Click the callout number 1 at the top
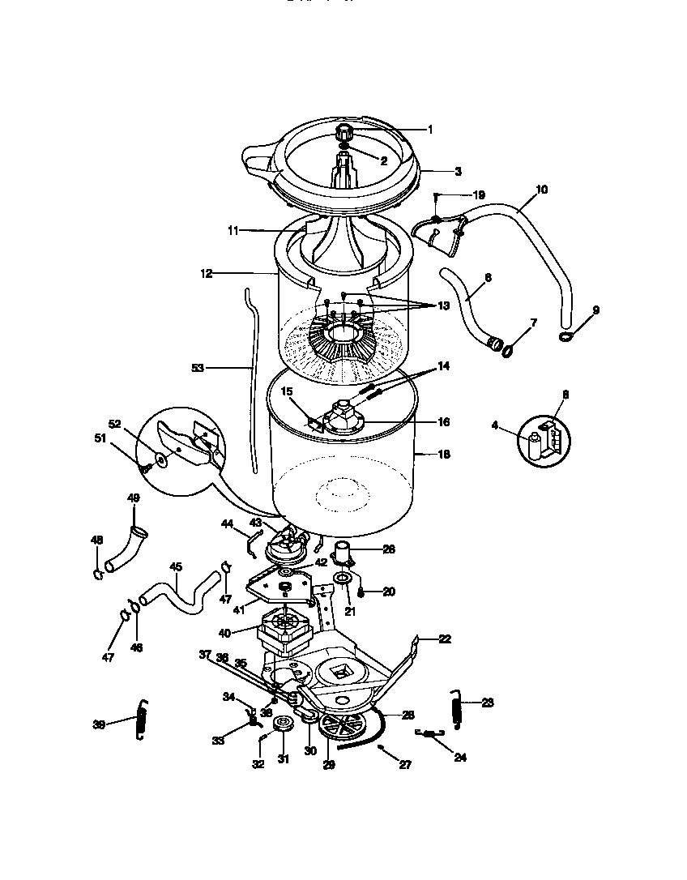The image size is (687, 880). pos(429,129)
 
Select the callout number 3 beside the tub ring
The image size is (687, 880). pos(458,171)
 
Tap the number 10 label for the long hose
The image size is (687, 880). pos(541,190)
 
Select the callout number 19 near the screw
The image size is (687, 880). pos(479,194)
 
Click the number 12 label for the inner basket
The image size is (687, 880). pos(206,274)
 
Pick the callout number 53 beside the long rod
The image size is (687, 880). pos(198,368)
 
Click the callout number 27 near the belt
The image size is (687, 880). pos(405,764)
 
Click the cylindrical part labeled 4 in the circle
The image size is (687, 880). pos(534,444)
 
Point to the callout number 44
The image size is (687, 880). pos(228,524)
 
